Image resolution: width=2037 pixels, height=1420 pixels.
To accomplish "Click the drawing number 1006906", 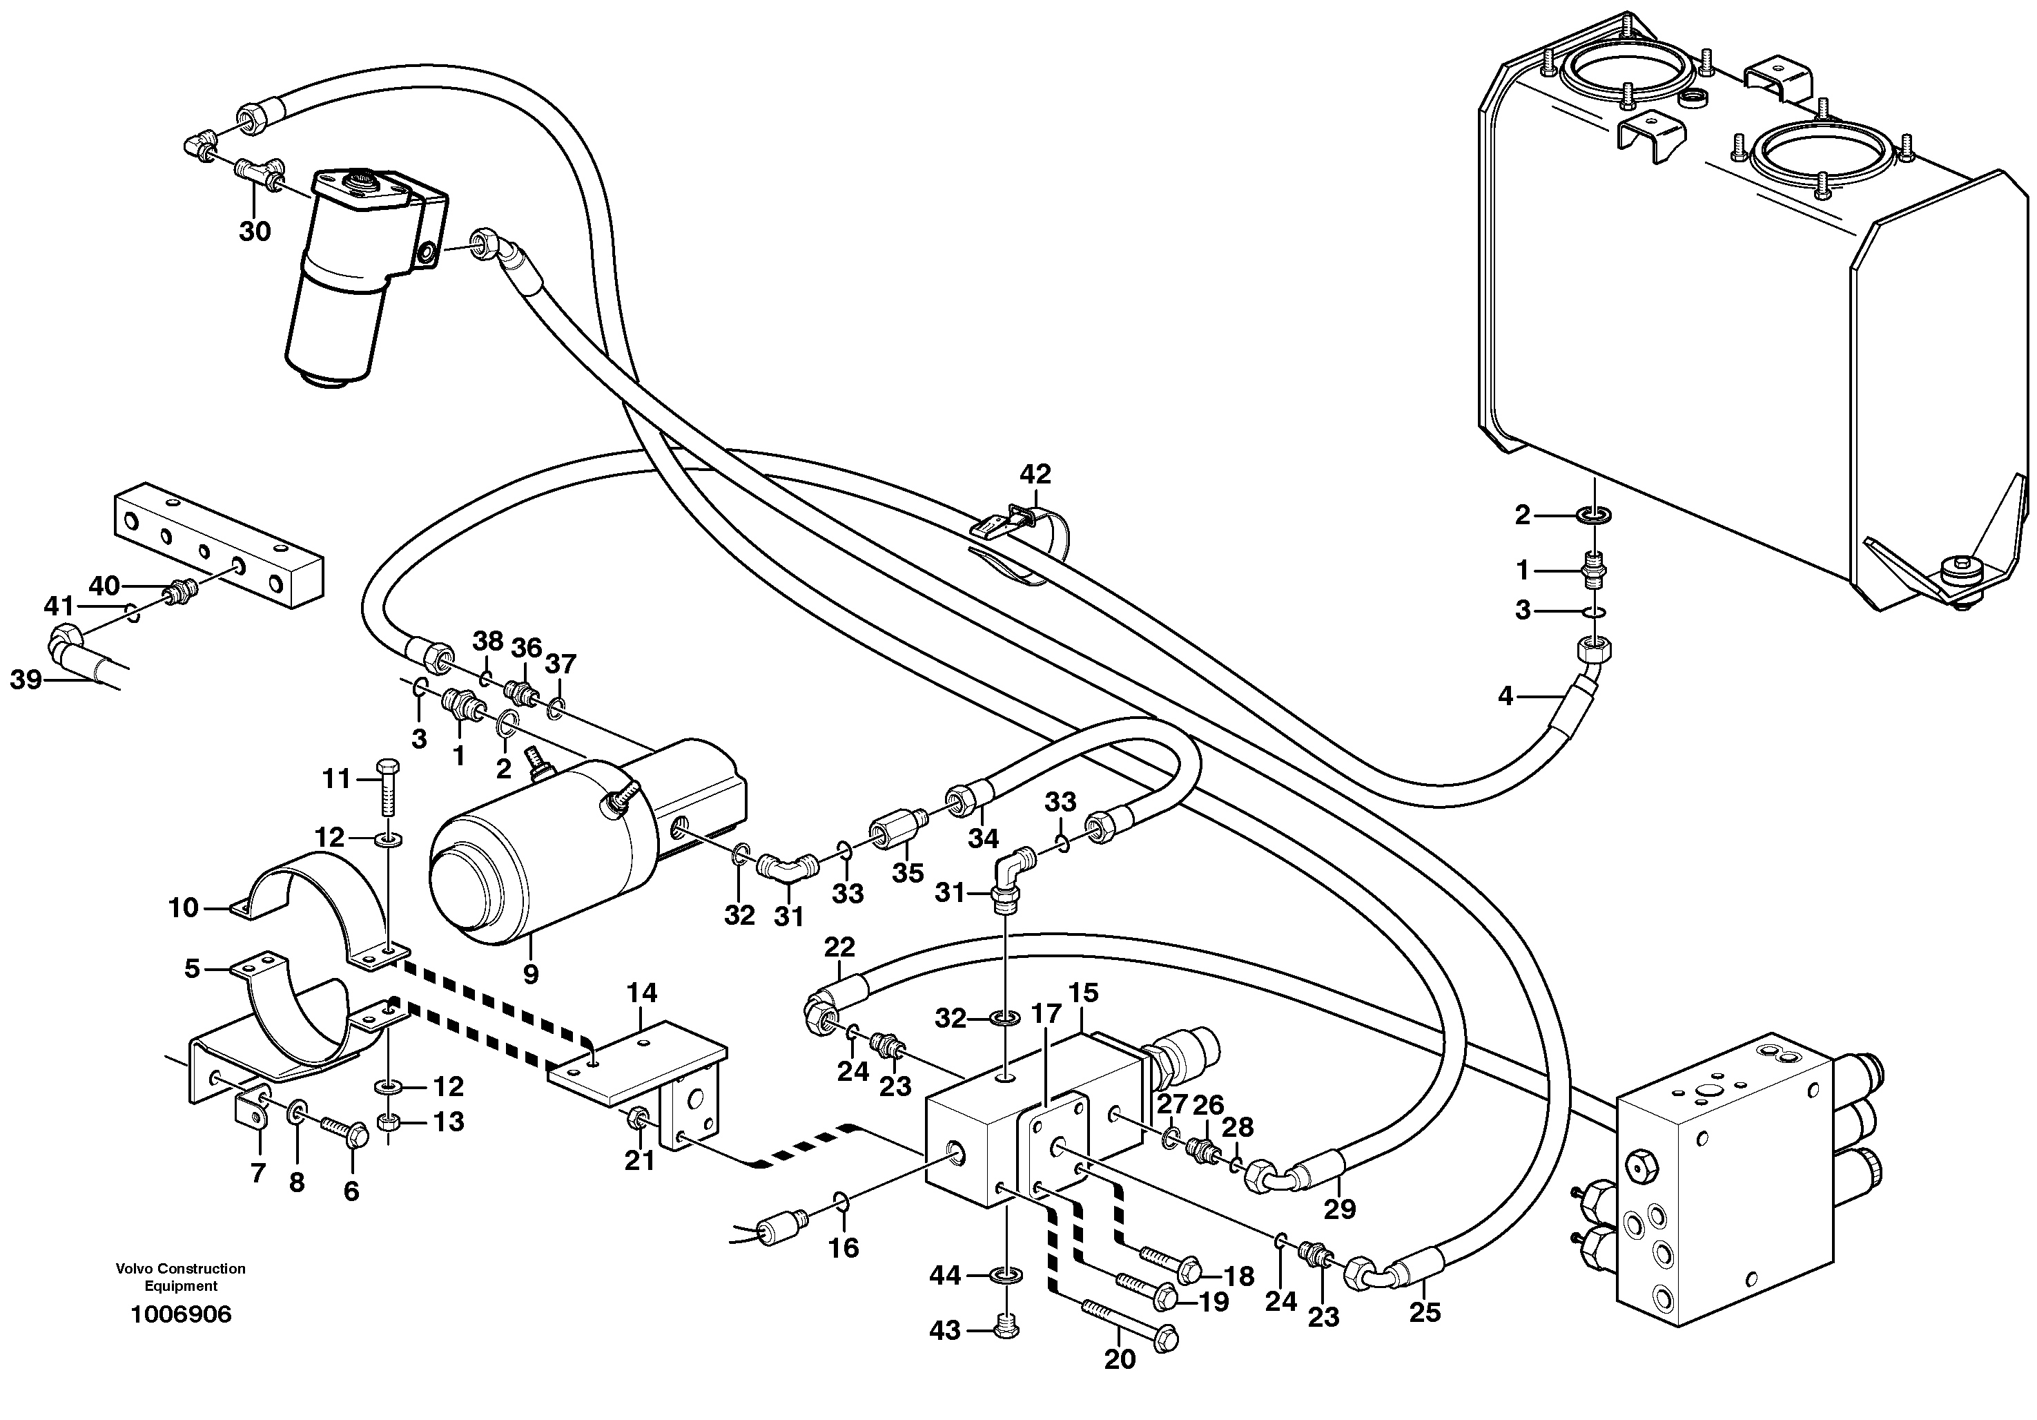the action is pyautogui.click(x=180, y=1314).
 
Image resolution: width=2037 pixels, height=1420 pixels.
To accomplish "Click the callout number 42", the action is pyautogui.click(x=1035, y=474).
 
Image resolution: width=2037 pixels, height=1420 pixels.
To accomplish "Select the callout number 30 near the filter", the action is pyautogui.click(x=255, y=231).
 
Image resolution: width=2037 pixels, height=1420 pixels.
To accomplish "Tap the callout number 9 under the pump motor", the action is pyautogui.click(x=531, y=975).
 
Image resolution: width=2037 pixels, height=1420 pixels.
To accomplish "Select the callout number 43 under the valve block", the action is pyautogui.click(x=945, y=1330).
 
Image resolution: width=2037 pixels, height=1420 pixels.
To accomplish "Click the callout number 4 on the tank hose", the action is pyautogui.click(x=1505, y=697).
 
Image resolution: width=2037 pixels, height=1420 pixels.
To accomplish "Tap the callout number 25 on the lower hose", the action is pyautogui.click(x=1425, y=1312).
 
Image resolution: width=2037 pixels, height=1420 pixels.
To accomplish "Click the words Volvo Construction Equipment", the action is pyautogui.click(x=180, y=1277).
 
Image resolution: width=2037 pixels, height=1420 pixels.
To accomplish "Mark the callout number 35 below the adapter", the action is pyautogui.click(x=908, y=872).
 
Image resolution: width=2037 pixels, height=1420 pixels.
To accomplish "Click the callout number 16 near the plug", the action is pyautogui.click(x=844, y=1248).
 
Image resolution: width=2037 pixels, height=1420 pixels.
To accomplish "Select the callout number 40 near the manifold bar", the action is pyautogui.click(x=104, y=586).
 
